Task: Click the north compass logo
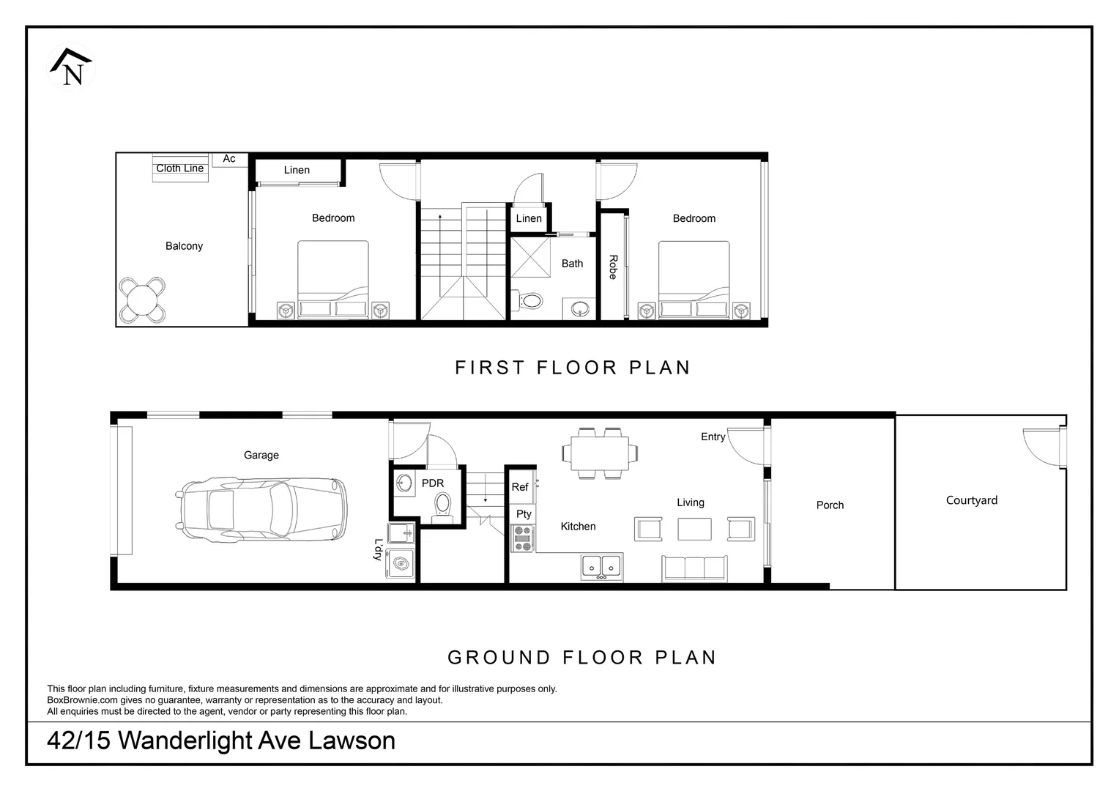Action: pyautogui.click(x=72, y=67)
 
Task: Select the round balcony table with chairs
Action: pyautogui.click(x=143, y=300)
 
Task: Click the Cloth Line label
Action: pyautogui.click(x=179, y=168)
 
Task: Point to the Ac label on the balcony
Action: pyautogui.click(x=229, y=159)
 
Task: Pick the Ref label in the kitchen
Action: pyautogui.click(x=520, y=487)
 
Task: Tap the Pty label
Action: pyautogui.click(x=524, y=514)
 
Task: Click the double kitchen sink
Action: pyautogui.click(x=601, y=565)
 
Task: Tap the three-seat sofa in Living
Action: pyautogui.click(x=694, y=568)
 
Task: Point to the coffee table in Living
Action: pyautogui.click(x=694, y=529)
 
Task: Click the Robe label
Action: pyautogui.click(x=613, y=267)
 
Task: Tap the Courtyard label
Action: pyautogui.click(x=971, y=500)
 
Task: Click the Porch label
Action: pyautogui.click(x=830, y=505)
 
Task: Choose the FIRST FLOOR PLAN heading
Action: pyautogui.click(x=573, y=368)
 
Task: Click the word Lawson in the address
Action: pyautogui.click(x=352, y=740)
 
